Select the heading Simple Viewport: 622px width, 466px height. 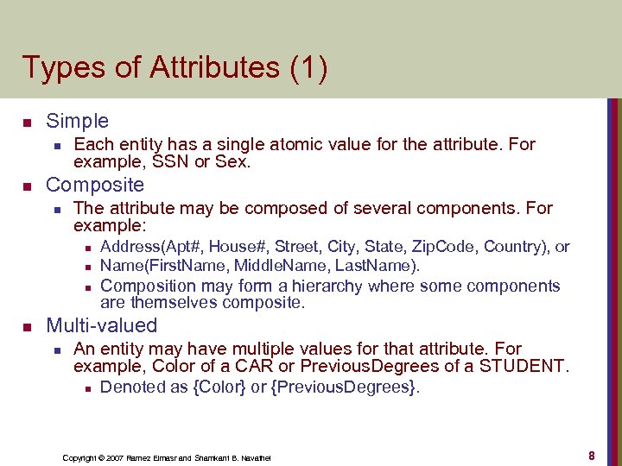77,121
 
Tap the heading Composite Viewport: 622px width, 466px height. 95,185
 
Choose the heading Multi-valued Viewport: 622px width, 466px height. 101,325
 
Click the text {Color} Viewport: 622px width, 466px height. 219,387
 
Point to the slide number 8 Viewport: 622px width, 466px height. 591,455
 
